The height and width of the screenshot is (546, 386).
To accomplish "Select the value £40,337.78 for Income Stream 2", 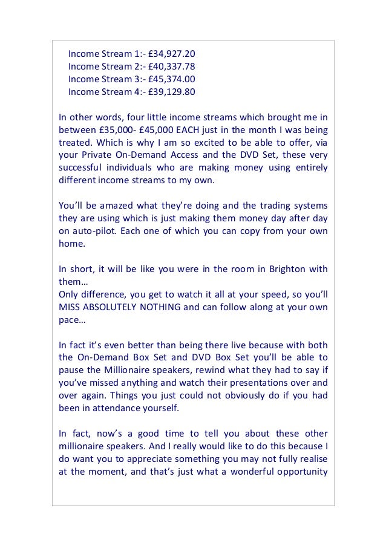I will click(171, 66).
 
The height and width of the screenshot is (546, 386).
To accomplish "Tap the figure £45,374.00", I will click(171, 79).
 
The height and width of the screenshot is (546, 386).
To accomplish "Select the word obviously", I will click(227, 395).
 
